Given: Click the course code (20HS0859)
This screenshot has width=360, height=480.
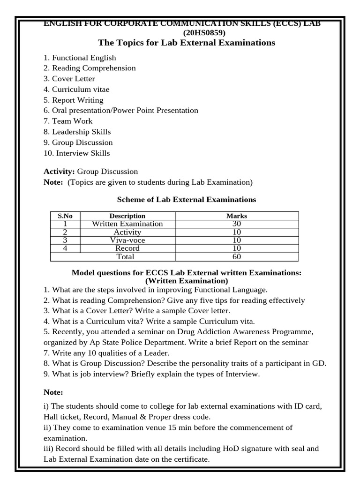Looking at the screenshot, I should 205,33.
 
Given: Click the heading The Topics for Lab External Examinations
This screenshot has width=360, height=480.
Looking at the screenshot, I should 186,43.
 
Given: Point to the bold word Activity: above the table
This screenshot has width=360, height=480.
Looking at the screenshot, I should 59,172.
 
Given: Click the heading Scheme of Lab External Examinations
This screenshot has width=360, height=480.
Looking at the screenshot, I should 186,200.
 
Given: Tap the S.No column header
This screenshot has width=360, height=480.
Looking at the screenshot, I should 66,216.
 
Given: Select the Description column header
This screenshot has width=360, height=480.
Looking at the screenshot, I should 127,216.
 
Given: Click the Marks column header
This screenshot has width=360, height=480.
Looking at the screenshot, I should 236,216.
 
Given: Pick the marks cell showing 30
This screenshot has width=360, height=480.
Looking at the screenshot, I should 236,224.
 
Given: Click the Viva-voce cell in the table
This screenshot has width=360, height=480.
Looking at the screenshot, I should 127,240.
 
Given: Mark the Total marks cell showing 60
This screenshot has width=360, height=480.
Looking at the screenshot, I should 236,256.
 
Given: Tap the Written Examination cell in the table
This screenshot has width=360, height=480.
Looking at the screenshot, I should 127,224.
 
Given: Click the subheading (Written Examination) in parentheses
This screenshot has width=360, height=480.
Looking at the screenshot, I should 186,281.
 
